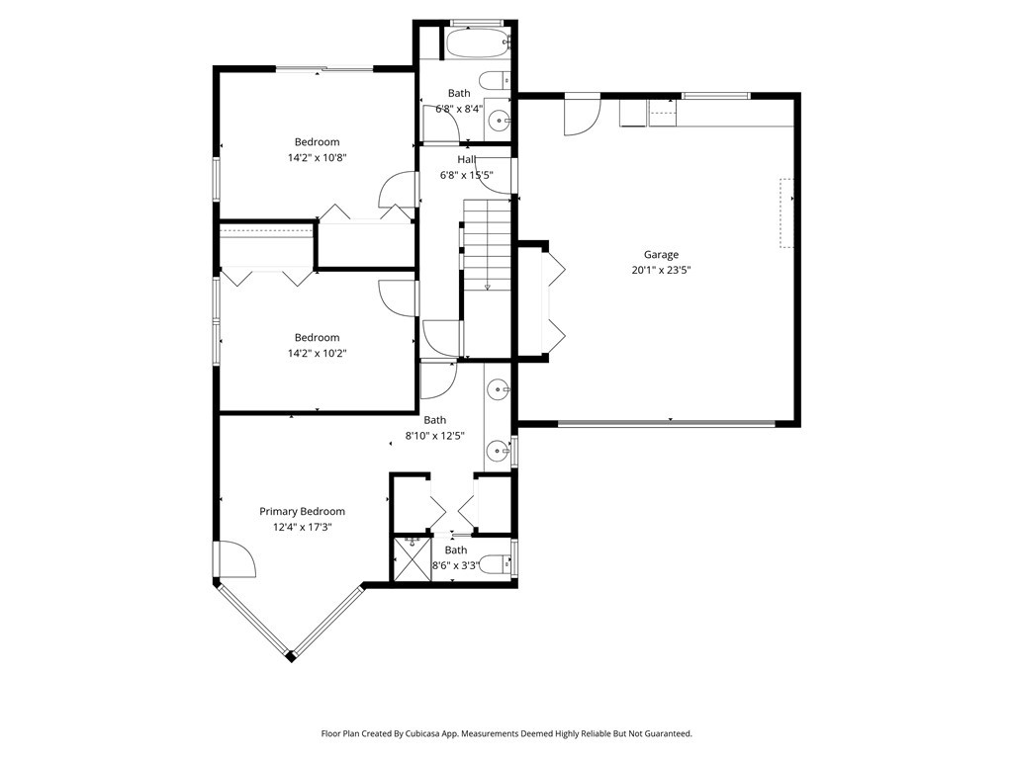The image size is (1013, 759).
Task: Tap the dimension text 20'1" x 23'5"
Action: point(661,270)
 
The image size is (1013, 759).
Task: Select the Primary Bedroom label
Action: point(302,511)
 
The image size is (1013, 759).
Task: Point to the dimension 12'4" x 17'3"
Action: point(302,527)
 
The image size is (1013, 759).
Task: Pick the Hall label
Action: point(466,160)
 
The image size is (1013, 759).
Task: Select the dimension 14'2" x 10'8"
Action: point(317,157)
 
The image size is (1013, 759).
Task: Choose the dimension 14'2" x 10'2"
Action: point(317,353)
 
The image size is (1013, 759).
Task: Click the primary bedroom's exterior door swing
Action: point(237,560)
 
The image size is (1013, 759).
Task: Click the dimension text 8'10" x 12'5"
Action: point(435,436)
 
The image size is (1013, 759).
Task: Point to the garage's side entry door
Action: point(581,117)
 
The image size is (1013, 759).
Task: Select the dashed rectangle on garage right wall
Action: point(786,212)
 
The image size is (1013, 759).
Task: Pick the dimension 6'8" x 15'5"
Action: point(466,176)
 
